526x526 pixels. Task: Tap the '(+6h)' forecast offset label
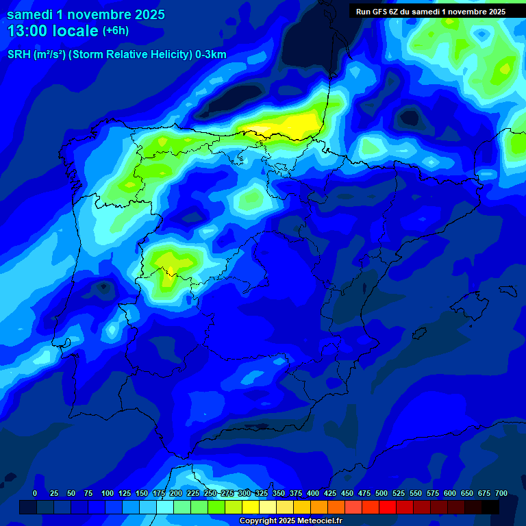tap(115, 31)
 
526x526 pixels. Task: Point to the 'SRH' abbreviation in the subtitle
tap(19, 55)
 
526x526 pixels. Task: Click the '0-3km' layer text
tap(211, 55)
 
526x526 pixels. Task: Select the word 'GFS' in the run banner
tap(379, 12)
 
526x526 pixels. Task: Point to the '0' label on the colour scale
tap(35, 494)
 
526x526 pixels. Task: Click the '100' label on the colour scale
tap(107, 494)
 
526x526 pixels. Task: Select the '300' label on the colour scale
tap(244, 494)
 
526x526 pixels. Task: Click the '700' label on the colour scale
tap(501, 494)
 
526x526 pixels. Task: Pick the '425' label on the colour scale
tap(329, 494)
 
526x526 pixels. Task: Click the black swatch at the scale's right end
tap(490, 507)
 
